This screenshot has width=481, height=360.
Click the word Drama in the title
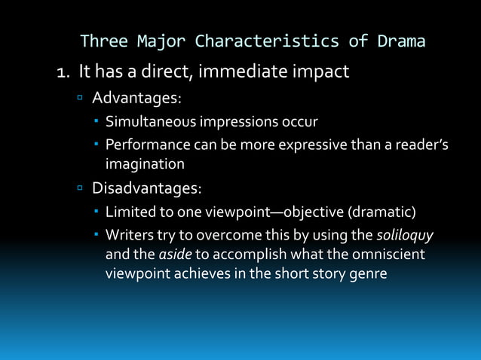point(400,41)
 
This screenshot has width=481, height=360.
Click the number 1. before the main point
point(65,73)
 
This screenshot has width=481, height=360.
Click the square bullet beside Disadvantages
point(80,187)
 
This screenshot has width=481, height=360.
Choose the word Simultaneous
point(149,121)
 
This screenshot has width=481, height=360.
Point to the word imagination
point(145,163)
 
